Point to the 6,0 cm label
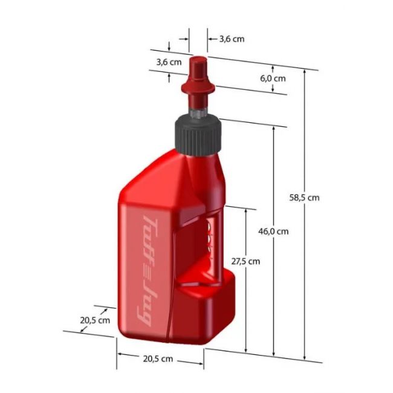pyautogui.click(x=273, y=79)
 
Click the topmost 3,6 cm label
pyautogui.click(x=232, y=39)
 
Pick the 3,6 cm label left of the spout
pyautogui.click(x=169, y=62)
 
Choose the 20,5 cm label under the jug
pyautogui.click(x=158, y=359)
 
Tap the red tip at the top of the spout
pyautogui.click(x=198, y=60)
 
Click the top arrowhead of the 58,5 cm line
pyautogui.click(x=305, y=72)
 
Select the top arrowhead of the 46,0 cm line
pyautogui.click(x=274, y=129)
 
